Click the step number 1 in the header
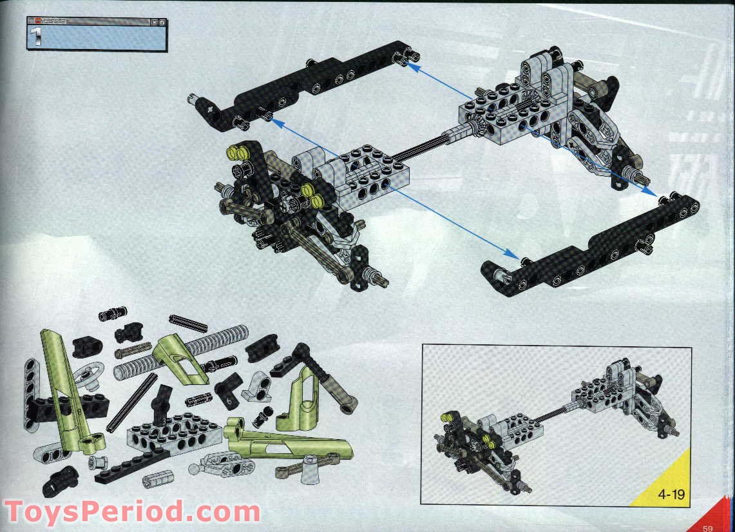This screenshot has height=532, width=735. [37, 37]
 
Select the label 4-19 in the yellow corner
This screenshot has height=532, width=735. [671, 495]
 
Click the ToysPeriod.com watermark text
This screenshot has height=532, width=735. [131, 513]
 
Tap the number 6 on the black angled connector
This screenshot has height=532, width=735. [229, 400]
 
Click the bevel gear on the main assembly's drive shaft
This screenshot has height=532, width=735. [479, 126]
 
